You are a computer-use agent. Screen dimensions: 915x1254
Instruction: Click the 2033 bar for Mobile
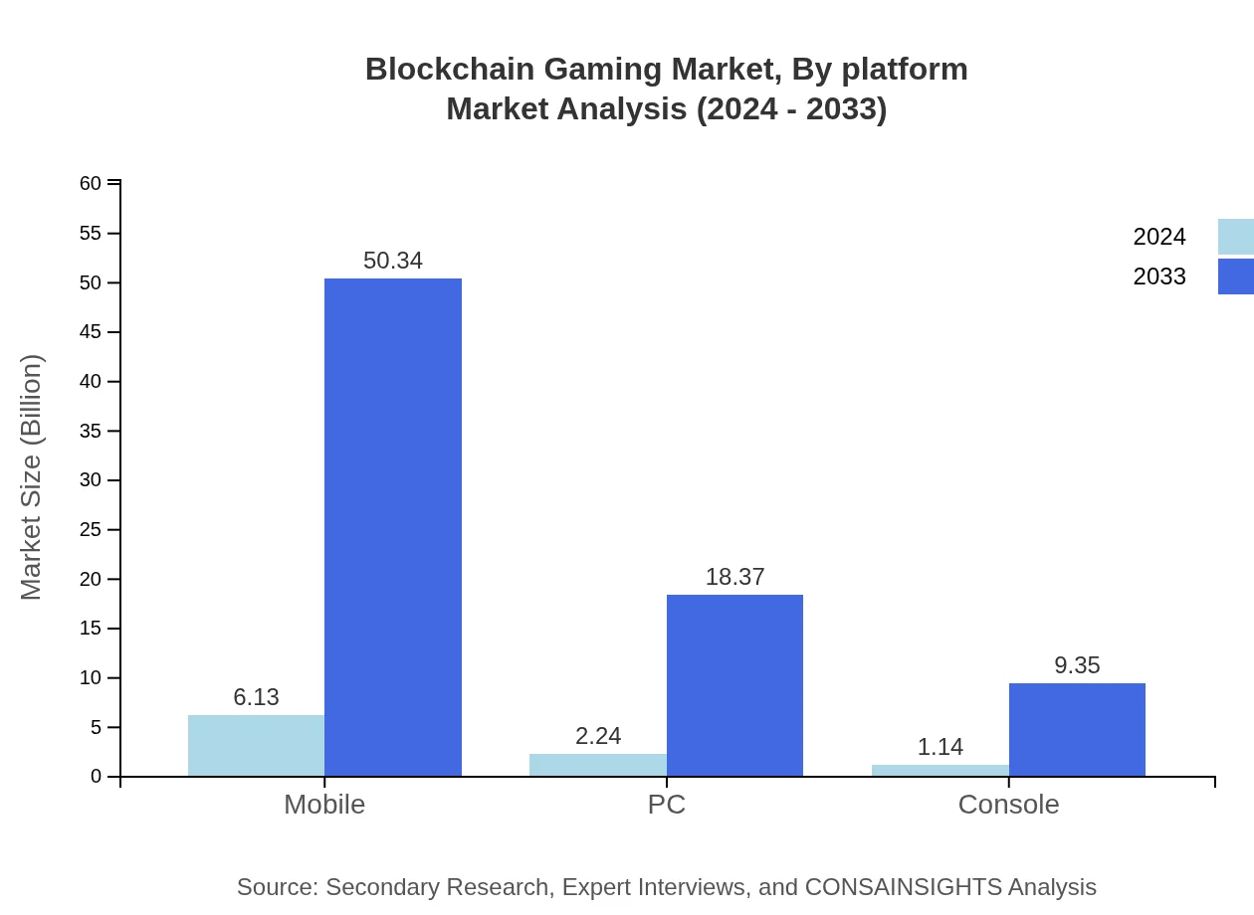[393, 527]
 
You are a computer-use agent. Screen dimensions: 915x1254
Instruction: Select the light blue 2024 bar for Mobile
[256, 745]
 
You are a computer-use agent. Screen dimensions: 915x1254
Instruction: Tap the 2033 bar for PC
[734, 685]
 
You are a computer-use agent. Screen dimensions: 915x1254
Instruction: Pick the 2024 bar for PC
[597, 765]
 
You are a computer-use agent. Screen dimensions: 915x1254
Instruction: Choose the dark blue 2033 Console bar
[1077, 729]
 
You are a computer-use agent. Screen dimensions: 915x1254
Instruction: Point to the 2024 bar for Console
[940, 770]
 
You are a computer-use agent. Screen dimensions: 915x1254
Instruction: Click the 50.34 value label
[393, 261]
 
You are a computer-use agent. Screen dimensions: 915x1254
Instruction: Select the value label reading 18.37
[734, 577]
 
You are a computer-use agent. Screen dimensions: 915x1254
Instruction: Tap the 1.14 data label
[940, 747]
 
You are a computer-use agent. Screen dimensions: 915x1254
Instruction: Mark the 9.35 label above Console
[1077, 665]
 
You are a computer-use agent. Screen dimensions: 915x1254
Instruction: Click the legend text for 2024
[1158, 237]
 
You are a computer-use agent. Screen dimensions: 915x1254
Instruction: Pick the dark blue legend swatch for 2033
[1236, 276]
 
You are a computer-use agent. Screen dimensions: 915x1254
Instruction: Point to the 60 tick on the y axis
[91, 183]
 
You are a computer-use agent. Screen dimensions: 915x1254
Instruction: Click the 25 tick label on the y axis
[91, 530]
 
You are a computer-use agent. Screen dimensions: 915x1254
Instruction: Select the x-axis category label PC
[666, 804]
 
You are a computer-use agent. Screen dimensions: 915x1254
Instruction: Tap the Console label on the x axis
[1008, 804]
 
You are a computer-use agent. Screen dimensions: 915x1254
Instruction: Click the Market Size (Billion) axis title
[32, 477]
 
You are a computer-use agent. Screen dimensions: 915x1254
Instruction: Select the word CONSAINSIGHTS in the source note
[903, 887]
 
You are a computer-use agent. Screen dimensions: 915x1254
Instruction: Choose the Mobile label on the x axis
[324, 804]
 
